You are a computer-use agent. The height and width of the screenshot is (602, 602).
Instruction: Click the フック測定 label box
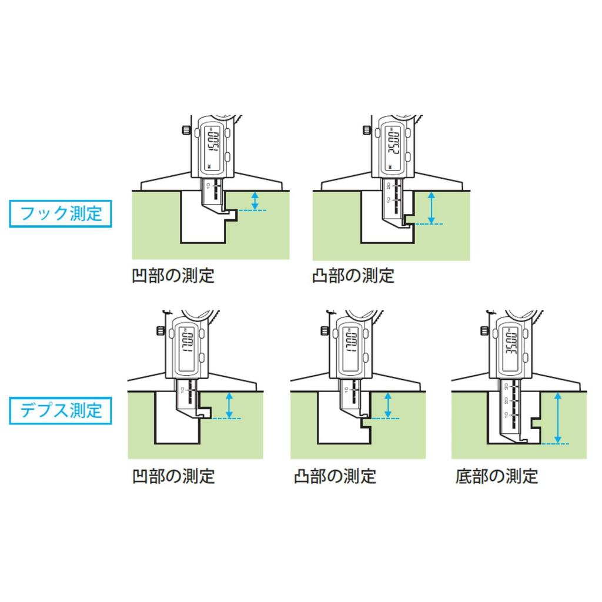(61, 213)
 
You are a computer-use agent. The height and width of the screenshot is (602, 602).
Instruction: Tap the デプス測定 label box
(61, 410)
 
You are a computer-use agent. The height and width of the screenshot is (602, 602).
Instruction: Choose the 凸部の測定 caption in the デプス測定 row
(335, 476)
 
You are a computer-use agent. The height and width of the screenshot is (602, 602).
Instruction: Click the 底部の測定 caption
(496, 476)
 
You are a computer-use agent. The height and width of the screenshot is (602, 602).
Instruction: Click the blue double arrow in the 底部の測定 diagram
(558, 418)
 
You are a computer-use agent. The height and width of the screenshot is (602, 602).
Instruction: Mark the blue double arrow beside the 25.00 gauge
(432, 207)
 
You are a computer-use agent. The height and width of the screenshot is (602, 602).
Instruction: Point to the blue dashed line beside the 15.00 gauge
(252, 210)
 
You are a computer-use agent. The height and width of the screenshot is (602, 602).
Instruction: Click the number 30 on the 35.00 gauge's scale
(507, 386)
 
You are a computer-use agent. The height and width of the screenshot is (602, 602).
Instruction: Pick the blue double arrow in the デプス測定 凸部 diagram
(387, 405)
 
